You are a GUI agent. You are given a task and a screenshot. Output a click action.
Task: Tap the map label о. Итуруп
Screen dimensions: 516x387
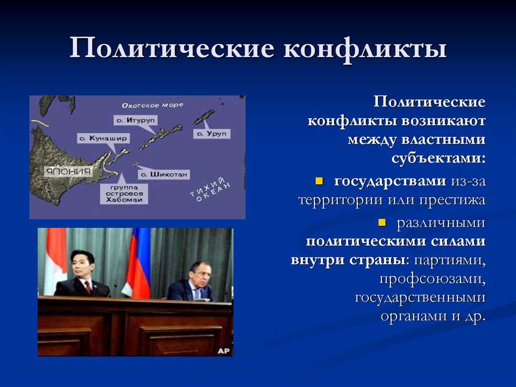pyautogui.click(x=135, y=120)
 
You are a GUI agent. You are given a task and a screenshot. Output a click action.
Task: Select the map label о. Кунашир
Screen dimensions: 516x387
pyautogui.click(x=103, y=138)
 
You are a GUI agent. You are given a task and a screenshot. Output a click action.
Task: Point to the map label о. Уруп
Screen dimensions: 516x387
pyautogui.click(x=212, y=134)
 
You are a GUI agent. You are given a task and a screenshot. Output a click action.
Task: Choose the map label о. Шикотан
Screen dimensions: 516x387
pyautogui.click(x=164, y=175)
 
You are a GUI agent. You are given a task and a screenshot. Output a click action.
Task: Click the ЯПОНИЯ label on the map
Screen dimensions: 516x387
pyautogui.click(x=68, y=172)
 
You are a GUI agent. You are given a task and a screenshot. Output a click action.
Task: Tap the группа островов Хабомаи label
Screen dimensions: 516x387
pyautogui.click(x=124, y=194)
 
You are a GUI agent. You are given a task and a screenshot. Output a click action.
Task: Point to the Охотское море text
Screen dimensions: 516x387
pyautogui.click(x=152, y=105)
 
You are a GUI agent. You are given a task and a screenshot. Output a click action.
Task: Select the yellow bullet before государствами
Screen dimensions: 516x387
pyautogui.click(x=319, y=181)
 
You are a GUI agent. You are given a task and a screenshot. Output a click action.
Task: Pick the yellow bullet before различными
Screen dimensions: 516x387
pyautogui.click(x=382, y=223)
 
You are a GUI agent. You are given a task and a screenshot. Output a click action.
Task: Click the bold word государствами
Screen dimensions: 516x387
pyautogui.click(x=391, y=181)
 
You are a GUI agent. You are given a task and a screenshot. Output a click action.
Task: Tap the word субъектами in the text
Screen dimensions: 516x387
pyautogui.click(x=439, y=158)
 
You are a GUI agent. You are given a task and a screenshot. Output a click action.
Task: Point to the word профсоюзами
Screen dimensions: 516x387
pyautogui.click(x=433, y=279)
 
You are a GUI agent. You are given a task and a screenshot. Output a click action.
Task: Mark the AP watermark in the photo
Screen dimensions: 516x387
pyautogui.click(x=223, y=351)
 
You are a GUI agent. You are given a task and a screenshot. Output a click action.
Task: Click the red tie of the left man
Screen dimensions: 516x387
pyautogui.click(x=88, y=287)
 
